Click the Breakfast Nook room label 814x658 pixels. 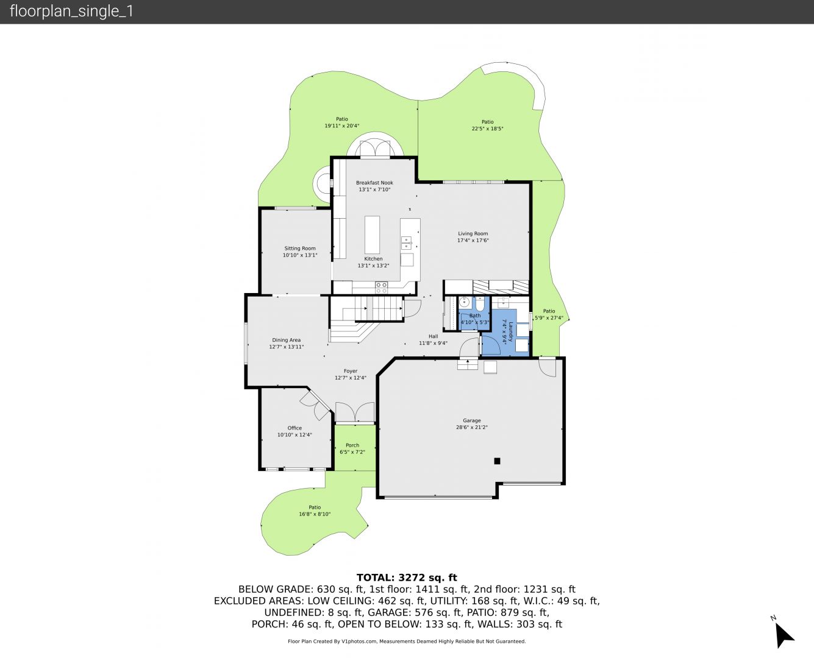(374, 183)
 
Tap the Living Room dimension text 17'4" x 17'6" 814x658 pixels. (473, 240)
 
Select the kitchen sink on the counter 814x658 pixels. (407, 243)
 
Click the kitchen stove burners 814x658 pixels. (382, 288)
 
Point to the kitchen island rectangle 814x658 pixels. (372, 235)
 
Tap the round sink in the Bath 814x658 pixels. (465, 302)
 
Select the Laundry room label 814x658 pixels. (510, 331)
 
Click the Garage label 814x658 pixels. (471, 420)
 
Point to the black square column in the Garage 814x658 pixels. (497, 461)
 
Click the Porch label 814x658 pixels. (352, 445)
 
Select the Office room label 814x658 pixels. (295, 428)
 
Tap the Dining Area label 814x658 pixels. (286, 340)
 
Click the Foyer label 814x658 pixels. (351, 371)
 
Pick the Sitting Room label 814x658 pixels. (300, 248)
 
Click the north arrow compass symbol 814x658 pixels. (784, 636)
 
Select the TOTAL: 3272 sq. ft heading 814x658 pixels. (407, 578)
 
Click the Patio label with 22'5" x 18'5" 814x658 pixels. (487, 122)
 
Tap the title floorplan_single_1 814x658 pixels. (71, 12)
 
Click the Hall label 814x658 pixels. (433, 336)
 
